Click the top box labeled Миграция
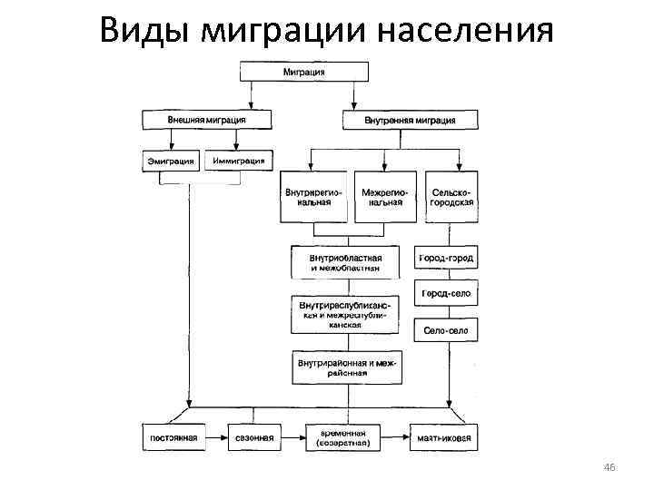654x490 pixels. coord(303,72)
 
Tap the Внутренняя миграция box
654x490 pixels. coord(411,120)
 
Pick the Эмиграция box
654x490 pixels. coord(172,162)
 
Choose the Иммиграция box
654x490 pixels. coord(238,162)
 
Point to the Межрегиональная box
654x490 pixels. coord(384,197)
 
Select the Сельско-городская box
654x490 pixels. coord(451,197)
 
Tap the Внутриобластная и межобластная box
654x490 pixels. coord(344,262)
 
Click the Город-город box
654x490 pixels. coord(446,259)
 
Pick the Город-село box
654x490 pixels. coord(446,295)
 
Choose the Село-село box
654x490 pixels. coord(446,331)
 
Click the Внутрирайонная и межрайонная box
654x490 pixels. coord(344,367)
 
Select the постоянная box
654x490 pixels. coord(173,437)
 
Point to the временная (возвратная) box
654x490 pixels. coord(343,437)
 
